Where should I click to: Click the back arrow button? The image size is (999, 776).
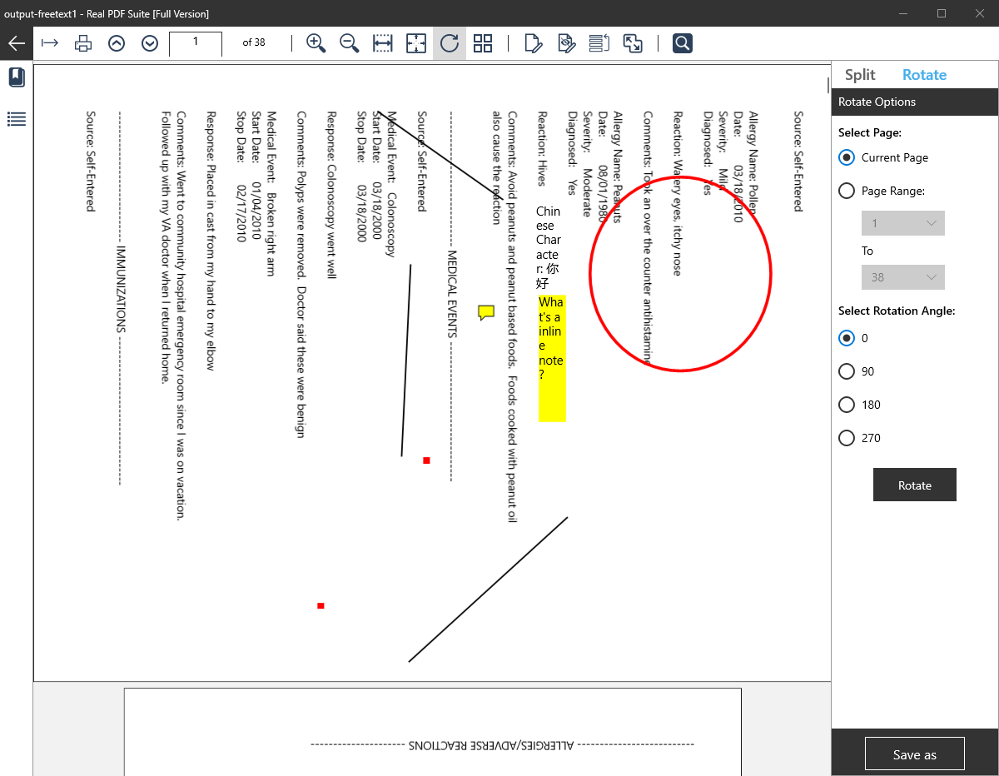17,43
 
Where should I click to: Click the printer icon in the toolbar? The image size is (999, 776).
83,43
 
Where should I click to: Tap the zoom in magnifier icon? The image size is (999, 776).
316,43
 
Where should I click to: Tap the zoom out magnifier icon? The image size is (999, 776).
349,43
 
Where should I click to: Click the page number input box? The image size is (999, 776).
196,43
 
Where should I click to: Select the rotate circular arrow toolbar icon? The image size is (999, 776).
450,43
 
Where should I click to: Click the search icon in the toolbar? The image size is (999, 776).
683,43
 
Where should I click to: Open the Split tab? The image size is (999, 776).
860,75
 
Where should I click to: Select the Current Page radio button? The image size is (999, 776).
847,157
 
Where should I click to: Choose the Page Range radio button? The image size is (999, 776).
847,191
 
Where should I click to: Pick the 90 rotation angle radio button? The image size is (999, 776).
847,371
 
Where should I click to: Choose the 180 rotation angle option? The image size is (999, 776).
847,405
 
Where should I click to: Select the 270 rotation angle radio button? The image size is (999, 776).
847,438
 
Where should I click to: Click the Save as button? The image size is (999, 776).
914,754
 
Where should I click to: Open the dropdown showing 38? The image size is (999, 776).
902,277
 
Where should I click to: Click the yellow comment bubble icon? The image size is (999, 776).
486,312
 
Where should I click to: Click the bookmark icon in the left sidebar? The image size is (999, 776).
17,78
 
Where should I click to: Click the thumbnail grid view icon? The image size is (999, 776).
483,43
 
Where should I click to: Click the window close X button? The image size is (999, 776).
979,13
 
